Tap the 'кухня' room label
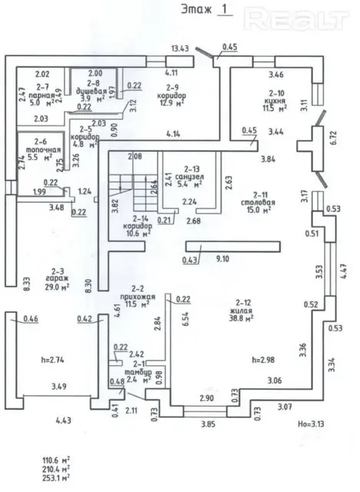275,101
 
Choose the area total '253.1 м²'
58,477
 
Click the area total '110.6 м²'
58,458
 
